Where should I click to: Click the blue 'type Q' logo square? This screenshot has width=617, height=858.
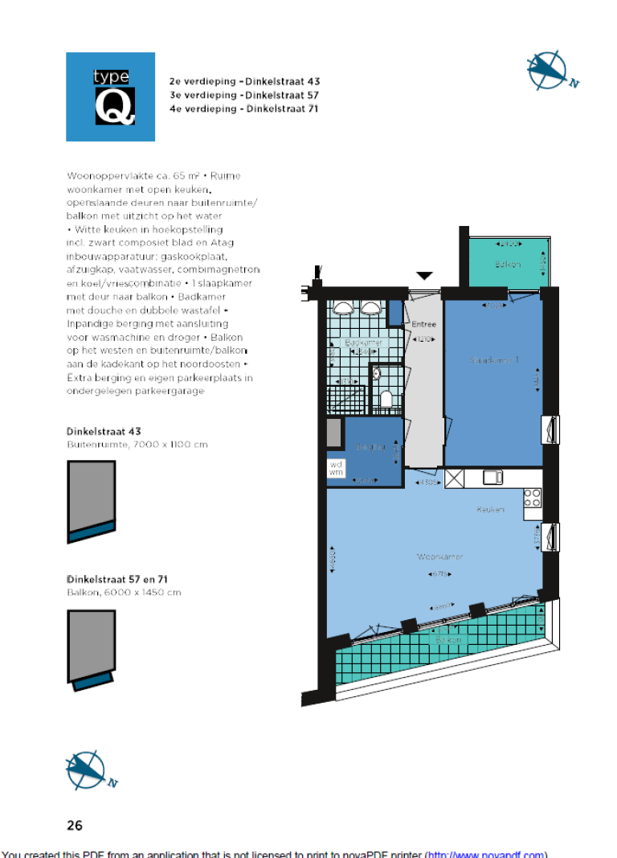click(x=110, y=96)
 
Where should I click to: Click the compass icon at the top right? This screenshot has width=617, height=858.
click(x=550, y=71)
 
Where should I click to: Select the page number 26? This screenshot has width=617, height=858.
click(x=75, y=824)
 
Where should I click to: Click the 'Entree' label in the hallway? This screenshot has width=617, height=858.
click(x=423, y=326)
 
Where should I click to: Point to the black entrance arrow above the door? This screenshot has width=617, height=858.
click(x=423, y=276)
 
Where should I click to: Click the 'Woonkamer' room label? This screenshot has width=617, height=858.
click(x=439, y=556)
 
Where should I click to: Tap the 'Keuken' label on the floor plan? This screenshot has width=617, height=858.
click(x=489, y=509)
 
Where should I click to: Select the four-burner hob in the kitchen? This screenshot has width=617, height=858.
click(x=532, y=498)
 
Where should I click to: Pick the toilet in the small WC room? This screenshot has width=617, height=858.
click(x=386, y=399)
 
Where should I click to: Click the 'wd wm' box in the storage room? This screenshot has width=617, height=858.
click(x=336, y=468)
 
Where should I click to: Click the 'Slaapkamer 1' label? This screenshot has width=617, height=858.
click(x=493, y=360)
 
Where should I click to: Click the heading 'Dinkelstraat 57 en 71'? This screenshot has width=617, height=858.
click(x=116, y=579)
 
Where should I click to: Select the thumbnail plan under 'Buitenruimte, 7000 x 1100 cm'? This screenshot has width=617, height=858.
click(x=91, y=502)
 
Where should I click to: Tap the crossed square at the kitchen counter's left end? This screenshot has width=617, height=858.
click(x=454, y=478)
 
